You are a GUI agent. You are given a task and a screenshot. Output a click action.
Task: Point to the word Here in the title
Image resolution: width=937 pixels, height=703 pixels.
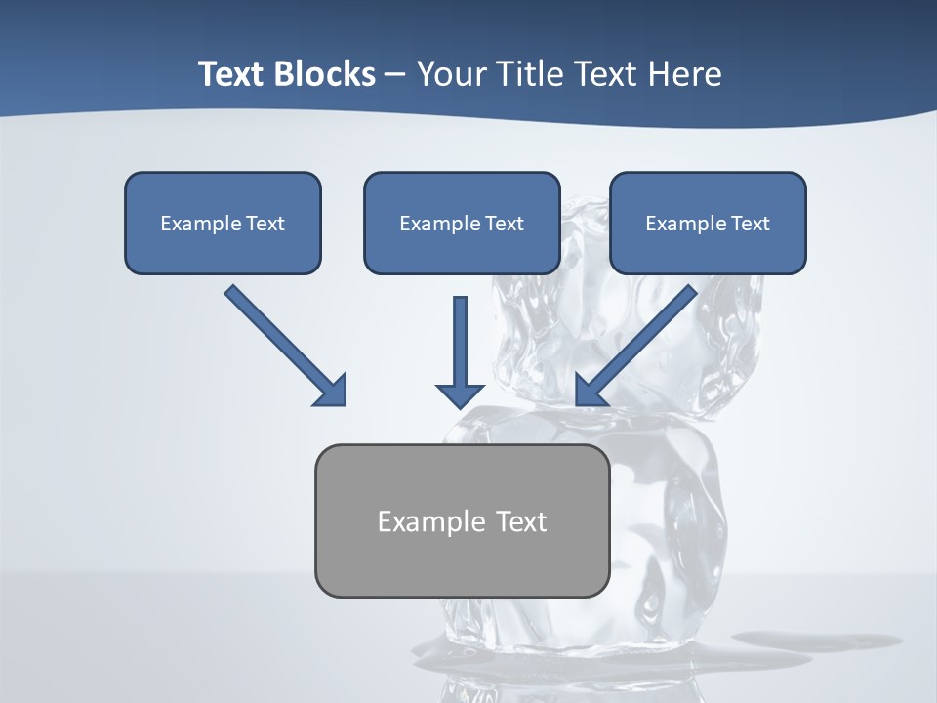[686, 74]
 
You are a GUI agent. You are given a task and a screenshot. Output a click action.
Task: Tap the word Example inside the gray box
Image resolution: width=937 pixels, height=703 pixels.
[430, 521]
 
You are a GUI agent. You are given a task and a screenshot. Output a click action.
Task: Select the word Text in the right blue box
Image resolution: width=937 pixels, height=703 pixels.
[750, 224]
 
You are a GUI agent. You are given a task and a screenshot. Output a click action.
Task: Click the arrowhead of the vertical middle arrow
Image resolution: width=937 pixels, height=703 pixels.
[460, 394]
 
